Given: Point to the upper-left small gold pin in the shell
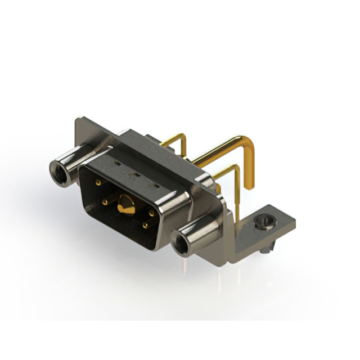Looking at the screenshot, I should (x=98, y=183).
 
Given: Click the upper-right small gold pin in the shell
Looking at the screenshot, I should (x=152, y=214).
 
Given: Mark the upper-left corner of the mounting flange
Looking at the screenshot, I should (x=79, y=119).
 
